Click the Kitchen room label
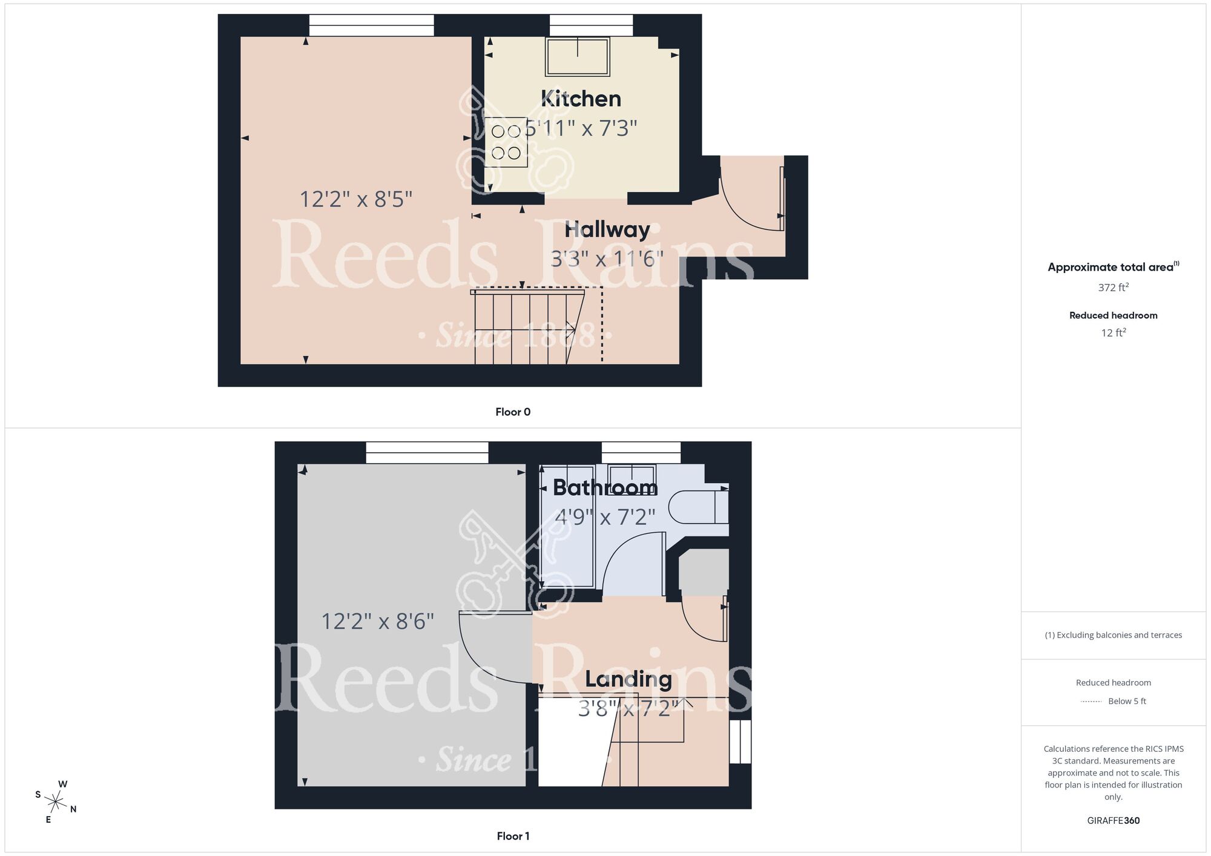[581, 99]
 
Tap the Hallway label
[607, 229]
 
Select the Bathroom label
[605, 487]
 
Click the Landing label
[629, 679]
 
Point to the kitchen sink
[578, 57]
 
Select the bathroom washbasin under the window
[632, 474]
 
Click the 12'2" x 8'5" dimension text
[356, 199]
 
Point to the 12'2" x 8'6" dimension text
[377, 622]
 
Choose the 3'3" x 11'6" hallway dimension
[607, 259]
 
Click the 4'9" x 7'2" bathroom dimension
[605, 517]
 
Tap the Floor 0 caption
[513, 412]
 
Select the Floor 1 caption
[513, 836]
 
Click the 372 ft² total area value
[1113, 288]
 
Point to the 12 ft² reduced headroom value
[1113, 333]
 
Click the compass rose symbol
[56, 803]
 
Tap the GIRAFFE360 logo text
[1113, 821]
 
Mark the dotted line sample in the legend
[1091, 702]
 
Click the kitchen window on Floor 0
[591, 25]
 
